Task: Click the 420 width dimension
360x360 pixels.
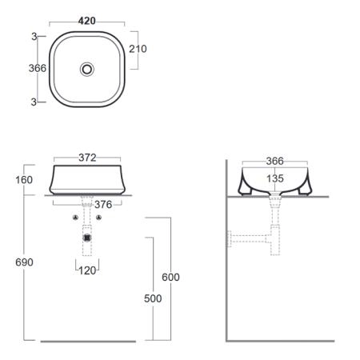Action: [x=87, y=21]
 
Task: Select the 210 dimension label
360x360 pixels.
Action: [x=138, y=49]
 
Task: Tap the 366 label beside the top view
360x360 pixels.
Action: [x=38, y=68]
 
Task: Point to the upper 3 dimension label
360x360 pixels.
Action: [x=34, y=37]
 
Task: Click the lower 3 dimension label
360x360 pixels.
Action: [x=34, y=102]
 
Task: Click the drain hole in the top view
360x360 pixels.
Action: [x=87, y=70]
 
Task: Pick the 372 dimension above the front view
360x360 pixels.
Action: [x=87, y=158]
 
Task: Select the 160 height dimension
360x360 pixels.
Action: [x=24, y=180]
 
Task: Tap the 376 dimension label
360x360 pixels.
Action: [x=103, y=205]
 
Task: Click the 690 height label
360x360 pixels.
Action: [x=24, y=262]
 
